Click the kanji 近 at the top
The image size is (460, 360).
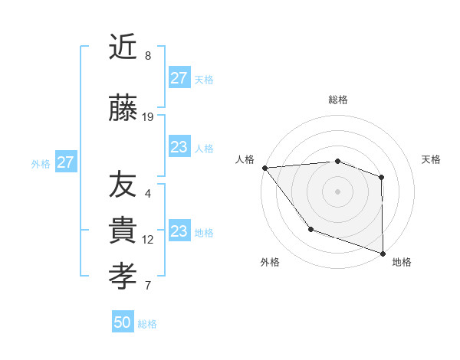pyautogui.click(x=123, y=48)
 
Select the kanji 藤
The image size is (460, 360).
pyautogui.click(x=123, y=110)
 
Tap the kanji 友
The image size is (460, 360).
pyautogui.click(x=123, y=185)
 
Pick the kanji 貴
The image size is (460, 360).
pyautogui.click(x=123, y=231)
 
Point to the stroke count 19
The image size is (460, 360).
pyautogui.click(x=148, y=117)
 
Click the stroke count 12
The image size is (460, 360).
pyautogui.click(x=148, y=240)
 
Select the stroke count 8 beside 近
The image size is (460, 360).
pyautogui.click(x=148, y=56)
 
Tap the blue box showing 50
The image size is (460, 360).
pyautogui.click(x=123, y=322)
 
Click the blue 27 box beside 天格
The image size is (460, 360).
pyautogui.click(x=179, y=78)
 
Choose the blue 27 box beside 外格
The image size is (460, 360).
pyautogui.click(x=65, y=162)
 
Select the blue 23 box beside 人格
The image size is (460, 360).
pyautogui.click(x=179, y=147)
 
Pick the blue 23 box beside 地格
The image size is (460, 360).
pyautogui.click(x=179, y=231)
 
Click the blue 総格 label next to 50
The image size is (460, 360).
pyautogui.click(x=147, y=324)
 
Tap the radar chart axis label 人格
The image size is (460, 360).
pyautogui.click(x=245, y=159)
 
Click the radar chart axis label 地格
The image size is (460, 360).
pyautogui.click(x=402, y=262)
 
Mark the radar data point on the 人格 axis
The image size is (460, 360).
pyautogui.click(x=264, y=168)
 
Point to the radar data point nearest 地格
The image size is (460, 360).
pyautogui.click(x=382, y=253)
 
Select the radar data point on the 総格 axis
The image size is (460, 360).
pyautogui.click(x=337, y=161)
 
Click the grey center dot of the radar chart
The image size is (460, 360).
pyautogui.click(x=337, y=191)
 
